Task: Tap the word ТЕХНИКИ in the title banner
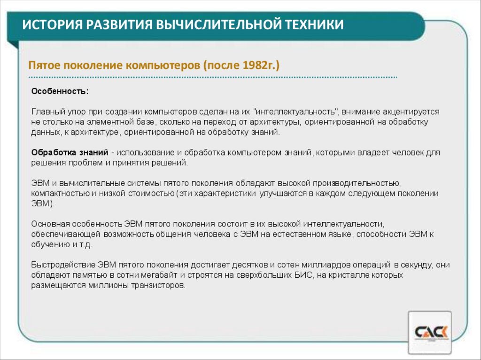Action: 312,24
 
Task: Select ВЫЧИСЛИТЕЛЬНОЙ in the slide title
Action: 215,24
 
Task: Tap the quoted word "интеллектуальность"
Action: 296,112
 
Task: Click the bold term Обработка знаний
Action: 70,153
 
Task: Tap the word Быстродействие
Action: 63,265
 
